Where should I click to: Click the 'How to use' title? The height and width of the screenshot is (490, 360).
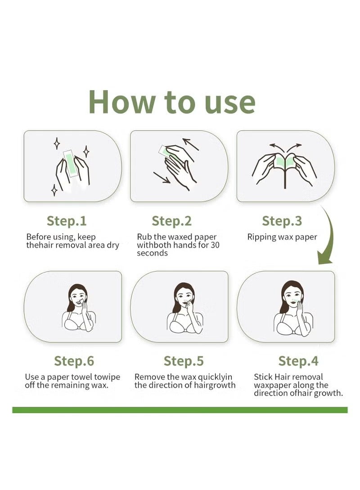[172, 102]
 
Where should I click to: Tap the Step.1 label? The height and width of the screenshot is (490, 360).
[67, 221]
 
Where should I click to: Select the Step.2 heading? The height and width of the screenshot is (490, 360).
[171, 221]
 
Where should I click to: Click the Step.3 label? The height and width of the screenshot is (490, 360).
[282, 221]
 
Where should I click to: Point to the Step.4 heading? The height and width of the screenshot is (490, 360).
[298, 361]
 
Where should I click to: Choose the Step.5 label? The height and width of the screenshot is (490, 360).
[184, 361]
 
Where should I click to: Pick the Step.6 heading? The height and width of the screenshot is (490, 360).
[74, 361]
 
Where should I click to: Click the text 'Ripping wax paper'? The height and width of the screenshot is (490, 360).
[282, 237]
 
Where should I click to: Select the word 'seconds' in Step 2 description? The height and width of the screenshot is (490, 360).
[152, 253]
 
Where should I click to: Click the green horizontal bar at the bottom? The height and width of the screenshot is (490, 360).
[180, 410]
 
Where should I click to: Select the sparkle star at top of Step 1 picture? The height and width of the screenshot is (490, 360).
[57, 143]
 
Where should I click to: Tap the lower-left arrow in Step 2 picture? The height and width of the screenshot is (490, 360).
[161, 177]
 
